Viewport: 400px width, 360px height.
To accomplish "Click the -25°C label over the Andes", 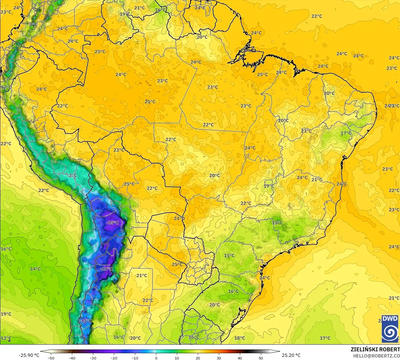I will tap(113, 223).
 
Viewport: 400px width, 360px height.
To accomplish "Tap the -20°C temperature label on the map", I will tap(106, 269).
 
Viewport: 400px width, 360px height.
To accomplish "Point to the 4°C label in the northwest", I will tap(33, 24).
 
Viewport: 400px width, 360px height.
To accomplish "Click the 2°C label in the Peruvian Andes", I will tap(72, 175).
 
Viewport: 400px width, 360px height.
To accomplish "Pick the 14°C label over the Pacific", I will tap(35, 269).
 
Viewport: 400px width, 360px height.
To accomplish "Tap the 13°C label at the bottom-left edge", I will tap(6, 338).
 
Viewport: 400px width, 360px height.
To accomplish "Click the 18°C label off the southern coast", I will tap(239, 338).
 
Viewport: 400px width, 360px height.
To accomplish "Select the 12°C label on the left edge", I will tap(6, 87).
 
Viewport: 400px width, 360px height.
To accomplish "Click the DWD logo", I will tap(390, 329).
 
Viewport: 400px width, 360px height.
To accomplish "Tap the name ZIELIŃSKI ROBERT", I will tap(375, 349).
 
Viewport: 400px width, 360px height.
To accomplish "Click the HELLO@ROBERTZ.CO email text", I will tap(376, 356).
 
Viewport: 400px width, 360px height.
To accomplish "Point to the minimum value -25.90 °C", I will tap(29, 355).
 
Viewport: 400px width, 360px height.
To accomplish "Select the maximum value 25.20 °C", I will tap(291, 355).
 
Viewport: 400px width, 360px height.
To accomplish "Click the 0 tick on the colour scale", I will tap(156, 358).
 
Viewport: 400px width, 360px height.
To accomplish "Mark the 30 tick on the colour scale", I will tap(219, 358).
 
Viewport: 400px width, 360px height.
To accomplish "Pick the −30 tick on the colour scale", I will tap(93, 358).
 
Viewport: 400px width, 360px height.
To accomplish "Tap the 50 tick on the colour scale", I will tap(261, 358).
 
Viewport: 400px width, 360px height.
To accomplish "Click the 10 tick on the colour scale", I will tap(177, 358).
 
